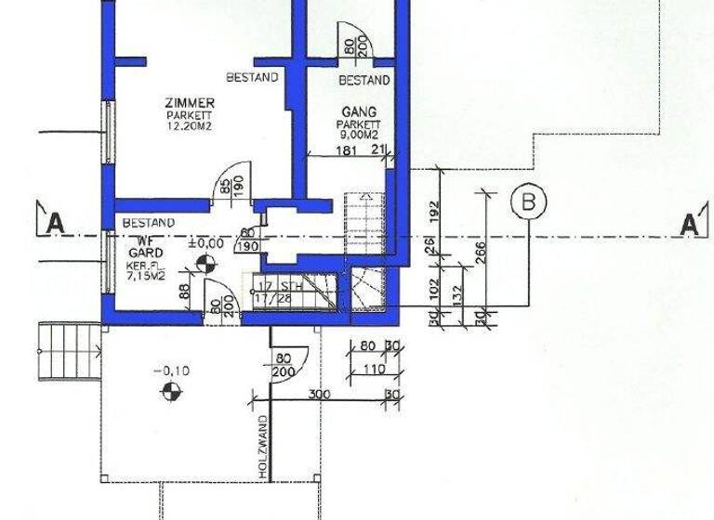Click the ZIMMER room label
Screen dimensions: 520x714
190,103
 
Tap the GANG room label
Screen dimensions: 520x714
359,111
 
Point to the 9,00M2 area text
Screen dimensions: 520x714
360,135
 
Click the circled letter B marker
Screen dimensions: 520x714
528,201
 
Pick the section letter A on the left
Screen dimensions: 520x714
55,223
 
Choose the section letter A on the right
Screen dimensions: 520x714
689,224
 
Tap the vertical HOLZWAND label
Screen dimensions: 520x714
263,447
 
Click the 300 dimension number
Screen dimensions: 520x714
320,395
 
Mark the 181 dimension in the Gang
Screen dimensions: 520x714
343,149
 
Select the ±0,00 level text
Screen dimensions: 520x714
205,243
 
